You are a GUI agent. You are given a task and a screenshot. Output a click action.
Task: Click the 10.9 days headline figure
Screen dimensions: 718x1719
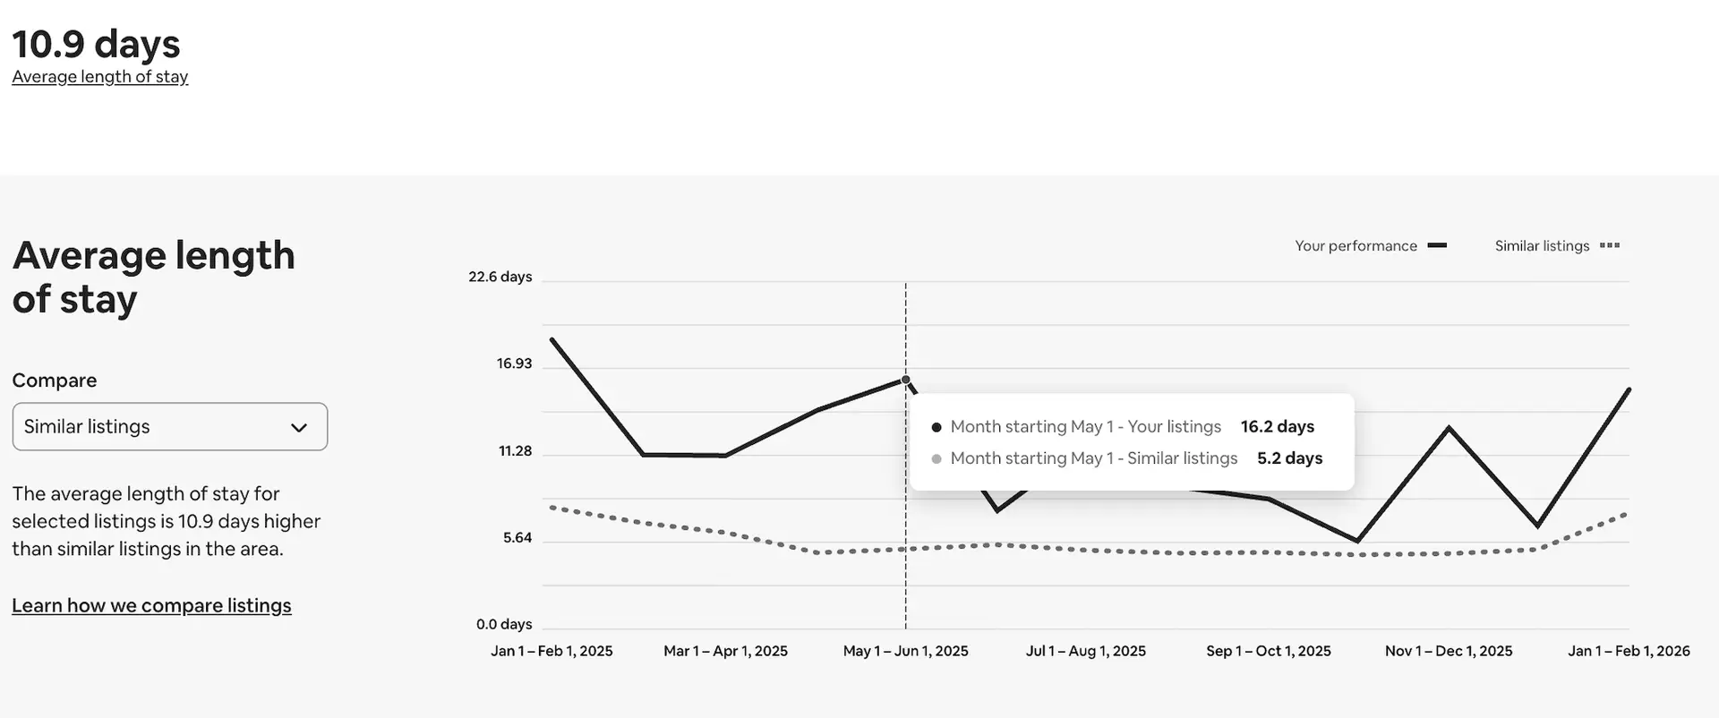tap(96, 44)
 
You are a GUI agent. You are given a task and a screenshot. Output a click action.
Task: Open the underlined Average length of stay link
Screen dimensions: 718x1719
tap(99, 77)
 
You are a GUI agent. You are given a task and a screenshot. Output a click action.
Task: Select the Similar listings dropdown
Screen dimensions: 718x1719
tap(169, 427)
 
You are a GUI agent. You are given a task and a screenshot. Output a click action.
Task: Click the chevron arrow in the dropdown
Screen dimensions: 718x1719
tap(299, 428)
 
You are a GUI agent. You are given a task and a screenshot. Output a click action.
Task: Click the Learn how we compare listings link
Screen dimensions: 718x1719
tap(151, 606)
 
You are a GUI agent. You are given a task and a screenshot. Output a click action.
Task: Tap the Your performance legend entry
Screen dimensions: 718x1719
tap(1370, 246)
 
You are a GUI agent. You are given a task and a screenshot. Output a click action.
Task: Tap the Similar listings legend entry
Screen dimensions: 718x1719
tap(1556, 246)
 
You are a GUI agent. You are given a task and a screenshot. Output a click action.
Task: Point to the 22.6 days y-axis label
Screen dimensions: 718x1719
tap(500, 277)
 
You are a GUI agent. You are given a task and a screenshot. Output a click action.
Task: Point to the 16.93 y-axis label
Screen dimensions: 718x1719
tap(514, 363)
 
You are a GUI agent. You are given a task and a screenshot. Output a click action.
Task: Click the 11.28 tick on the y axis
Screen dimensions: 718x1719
tap(515, 451)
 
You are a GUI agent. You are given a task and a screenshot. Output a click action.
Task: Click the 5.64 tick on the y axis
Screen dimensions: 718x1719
tap(517, 538)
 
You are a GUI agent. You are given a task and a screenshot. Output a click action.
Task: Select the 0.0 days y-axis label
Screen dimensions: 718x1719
tap(503, 625)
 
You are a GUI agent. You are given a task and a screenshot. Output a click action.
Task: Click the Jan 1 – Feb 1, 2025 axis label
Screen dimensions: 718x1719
tap(552, 652)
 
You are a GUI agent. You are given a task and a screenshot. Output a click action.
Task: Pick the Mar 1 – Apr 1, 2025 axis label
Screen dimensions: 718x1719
tap(725, 652)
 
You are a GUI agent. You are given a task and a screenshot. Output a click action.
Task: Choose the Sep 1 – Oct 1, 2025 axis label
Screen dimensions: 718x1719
tap(1268, 652)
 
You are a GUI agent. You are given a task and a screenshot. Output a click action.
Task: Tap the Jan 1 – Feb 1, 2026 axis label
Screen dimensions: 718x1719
tap(1628, 652)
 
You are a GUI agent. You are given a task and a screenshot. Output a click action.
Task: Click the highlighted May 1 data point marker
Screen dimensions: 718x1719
tap(905, 380)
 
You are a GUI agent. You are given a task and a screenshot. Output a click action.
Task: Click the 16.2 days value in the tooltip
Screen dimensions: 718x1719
tap(1277, 427)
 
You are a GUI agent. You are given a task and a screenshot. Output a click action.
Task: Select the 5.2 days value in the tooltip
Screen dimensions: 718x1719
tap(1289, 458)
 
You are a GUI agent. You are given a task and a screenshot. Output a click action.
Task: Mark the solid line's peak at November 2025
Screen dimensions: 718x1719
tap(1449, 428)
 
